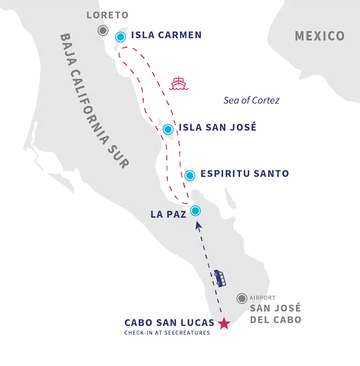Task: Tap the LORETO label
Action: pyautogui.click(x=107, y=15)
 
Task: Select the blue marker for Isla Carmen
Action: pyautogui.click(x=121, y=36)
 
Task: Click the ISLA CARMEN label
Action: pyautogui.click(x=166, y=35)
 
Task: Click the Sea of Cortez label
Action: pyautogui.click(x=251, y=100)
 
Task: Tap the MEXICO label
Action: pyautogui.click(x=320, y=36)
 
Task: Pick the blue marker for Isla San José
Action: pyautogui.click(x=168, y=129)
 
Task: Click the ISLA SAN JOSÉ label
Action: pyautogui.click(x=217, y=128)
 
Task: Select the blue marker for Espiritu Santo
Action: pyautogui.click(x=190, y=175)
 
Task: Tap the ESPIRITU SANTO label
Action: pyautogui.click(x=245, y=174)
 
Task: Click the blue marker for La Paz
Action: pyautogui.click(x=196, y=210)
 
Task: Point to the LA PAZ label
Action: pyautogui.click(x=168, y=214)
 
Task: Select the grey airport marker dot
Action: pyautogui.click(x=242, y=298)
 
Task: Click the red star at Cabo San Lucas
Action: pyautogui.click(x=224, y=324)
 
